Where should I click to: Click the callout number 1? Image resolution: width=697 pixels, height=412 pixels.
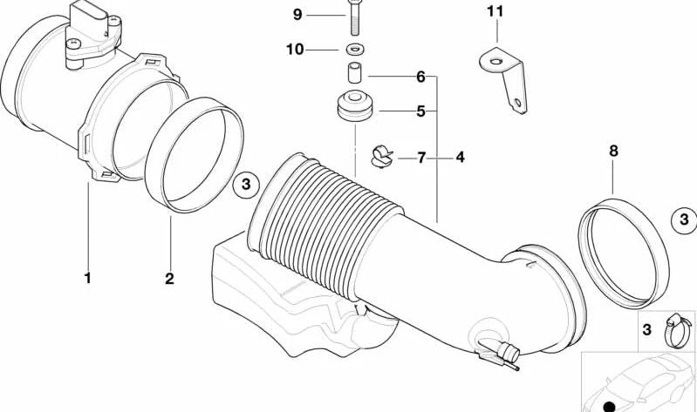tap(87, 279)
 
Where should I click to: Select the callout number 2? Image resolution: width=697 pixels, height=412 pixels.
tap(169, 279)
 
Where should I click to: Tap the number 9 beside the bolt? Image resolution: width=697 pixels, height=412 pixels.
tap(297, 15)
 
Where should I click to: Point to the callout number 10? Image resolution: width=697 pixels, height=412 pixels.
tap(295, 49)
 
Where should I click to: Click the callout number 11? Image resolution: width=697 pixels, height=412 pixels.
tap(495, 11)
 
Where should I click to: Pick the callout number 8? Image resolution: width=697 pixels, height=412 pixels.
tap(613, 151)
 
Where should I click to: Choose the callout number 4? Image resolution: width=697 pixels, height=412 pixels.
tap(460, 157)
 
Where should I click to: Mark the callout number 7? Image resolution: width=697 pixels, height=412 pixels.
tap(421, 157)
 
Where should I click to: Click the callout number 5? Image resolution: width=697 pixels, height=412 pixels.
tap(421, 111)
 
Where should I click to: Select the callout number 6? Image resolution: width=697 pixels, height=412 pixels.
tap(421, 77)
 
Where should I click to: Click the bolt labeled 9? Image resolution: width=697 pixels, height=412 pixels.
tap(354, 17)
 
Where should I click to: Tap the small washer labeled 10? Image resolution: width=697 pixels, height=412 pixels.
tap(355, 49)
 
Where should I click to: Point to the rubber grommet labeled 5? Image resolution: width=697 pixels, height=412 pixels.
tap(355, 106)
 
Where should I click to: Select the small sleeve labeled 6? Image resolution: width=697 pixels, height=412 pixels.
tap(354, 73)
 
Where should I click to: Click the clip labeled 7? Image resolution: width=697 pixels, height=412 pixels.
tap(382, 156)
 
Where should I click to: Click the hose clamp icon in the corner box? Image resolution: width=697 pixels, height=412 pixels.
tap(678, 331)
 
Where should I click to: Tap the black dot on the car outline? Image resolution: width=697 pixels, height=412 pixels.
tap(610, 406)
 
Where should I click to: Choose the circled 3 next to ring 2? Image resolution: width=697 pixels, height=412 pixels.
tap(246, 184)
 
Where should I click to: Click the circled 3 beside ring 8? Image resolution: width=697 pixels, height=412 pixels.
tap(684, 219)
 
